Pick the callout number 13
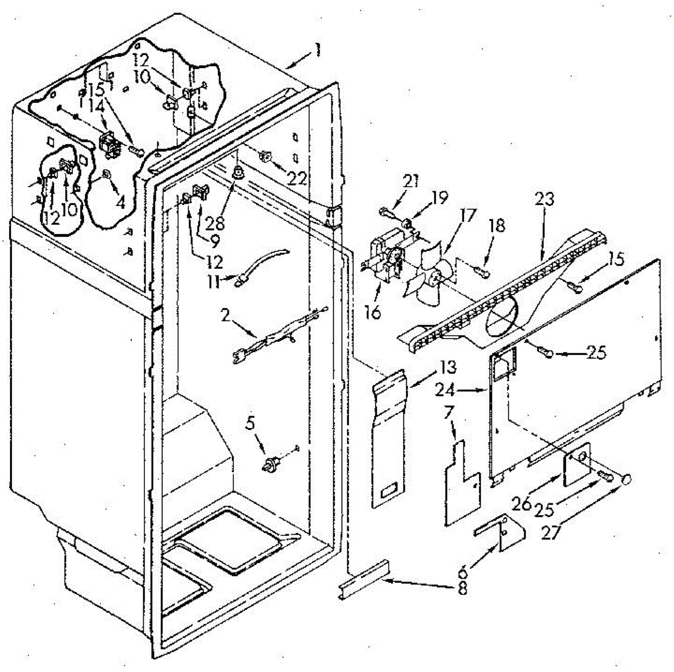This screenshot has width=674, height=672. click(x=448, y=368)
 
